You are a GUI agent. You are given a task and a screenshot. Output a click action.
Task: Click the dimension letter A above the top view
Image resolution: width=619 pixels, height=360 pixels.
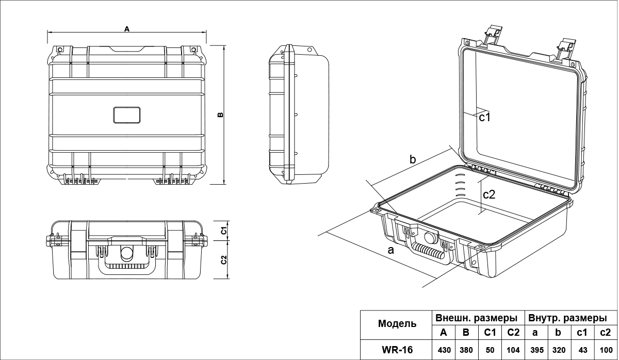pyautogui.click(x=127, y=29)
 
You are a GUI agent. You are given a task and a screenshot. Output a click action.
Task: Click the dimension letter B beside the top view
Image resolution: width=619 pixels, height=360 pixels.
pyautogui.click(x=220, y=114)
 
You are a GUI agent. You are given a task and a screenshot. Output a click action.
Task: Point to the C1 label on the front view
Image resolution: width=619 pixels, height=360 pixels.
pyautogui.click(x=224, y=230)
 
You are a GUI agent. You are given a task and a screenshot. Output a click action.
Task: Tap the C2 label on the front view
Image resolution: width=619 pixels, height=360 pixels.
pyautogui.click(x=224, y=259)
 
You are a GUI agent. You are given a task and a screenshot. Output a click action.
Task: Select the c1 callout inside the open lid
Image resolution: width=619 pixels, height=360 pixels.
pyautogui.click(x=484, y=117)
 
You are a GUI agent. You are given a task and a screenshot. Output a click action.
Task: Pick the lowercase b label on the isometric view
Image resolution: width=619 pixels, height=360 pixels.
pyautogui.click(x=413, y=159)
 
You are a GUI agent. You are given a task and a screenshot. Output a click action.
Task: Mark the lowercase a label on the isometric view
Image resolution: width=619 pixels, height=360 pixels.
pyautogui.click(x=390, y=251)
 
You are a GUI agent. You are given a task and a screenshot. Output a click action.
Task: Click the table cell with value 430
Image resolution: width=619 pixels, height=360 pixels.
pyautogui.click(x=444, y=350)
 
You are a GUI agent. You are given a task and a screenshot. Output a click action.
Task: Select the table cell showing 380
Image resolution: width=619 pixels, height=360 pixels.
pyautogui.click(x=466, y=350)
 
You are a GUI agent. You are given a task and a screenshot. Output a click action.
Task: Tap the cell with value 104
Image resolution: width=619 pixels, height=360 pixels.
pyautogui.click(x=513, y=350)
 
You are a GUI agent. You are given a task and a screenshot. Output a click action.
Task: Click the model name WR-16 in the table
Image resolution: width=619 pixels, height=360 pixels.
pyautogui.click(x=397, y=350)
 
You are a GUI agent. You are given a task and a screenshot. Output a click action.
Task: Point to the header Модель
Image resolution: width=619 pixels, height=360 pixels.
pyautogui.click(x=397, y=324)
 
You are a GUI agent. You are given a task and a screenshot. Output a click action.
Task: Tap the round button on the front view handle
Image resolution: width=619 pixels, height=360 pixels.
pyautogui.click(x=126, y=253)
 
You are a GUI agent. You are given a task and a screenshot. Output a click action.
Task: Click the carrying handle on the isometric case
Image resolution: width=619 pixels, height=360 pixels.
pyautogui.click(x=428, y=253)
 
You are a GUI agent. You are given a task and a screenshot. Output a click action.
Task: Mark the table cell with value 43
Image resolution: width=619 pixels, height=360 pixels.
pyautogui.click(x=583, y=350)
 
